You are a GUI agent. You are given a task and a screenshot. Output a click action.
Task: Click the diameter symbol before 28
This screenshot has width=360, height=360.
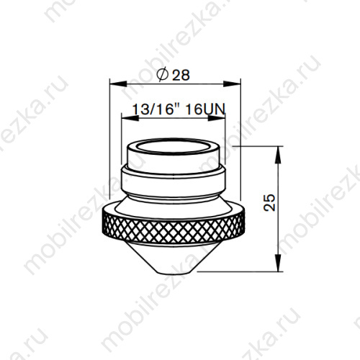[x=161, y=74]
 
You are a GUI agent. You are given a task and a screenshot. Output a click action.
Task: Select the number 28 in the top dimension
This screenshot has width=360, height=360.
[x=181, y=74]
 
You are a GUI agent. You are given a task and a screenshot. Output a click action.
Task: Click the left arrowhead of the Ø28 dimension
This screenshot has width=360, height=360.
[x=112, y=83]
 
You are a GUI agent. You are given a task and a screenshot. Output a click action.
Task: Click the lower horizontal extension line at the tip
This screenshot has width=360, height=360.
[x=238, y=272]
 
